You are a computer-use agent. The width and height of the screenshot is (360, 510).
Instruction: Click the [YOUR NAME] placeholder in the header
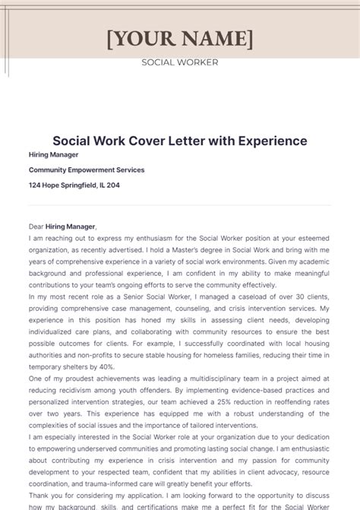pyautogui.click(x=180, y=37)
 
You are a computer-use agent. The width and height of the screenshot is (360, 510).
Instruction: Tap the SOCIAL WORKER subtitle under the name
pyautogui.click(x=180, y=62)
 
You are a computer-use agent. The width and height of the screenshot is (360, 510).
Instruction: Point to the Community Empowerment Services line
pyautogui.click(x=87, y=169)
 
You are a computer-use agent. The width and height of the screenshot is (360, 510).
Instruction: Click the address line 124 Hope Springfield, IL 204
pyautogui.click(x=74, y=185)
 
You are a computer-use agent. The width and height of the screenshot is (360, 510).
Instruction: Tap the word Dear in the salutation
pyautogui.click(x=36, y=226)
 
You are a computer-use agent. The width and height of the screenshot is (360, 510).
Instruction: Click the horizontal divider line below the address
pyautogui.click(x=180, y=205)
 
